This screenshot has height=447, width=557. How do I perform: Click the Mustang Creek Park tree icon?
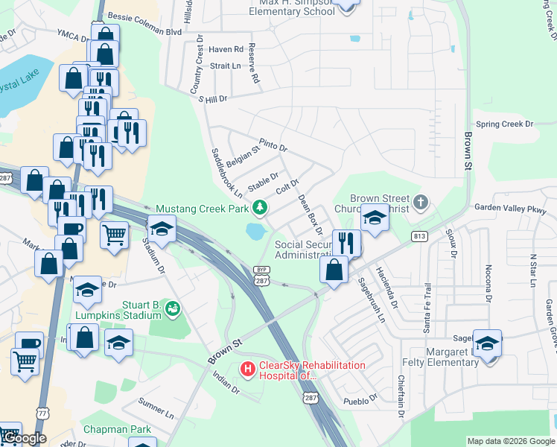tap(260, 207)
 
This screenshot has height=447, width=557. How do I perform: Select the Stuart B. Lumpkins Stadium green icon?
tap(173, 307)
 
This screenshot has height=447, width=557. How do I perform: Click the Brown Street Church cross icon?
tap(421, 202)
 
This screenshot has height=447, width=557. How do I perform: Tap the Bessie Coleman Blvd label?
tap(144, 16)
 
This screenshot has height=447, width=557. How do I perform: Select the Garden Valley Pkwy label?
tap(515, 209)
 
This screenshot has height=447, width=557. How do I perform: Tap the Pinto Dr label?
tap(273, 143)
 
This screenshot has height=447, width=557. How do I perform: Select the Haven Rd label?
tap(226, 49)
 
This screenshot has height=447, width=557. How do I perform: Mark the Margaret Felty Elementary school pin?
tap(487, 344)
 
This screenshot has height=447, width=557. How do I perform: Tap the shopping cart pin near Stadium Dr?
tap(114, 234)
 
